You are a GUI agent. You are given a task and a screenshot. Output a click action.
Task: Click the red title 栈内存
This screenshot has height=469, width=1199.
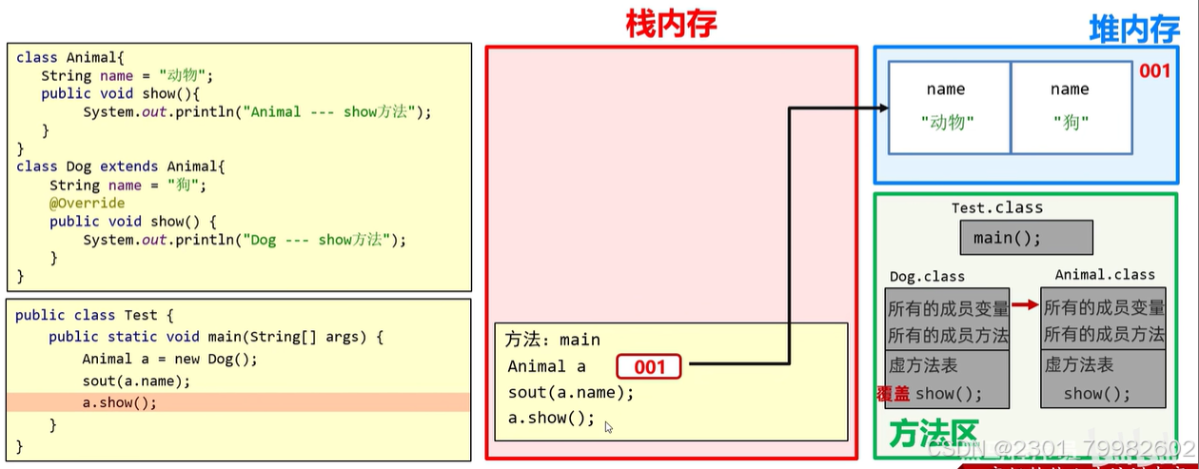(x=671, y=23)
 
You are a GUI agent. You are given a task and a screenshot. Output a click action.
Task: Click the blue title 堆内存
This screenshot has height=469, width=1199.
(x=1133, y=29)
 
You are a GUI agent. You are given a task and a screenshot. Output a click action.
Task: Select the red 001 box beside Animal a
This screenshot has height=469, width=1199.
(x=649, y=366)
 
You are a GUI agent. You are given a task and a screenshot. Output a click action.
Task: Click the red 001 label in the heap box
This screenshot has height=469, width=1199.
(x=1154, y=71)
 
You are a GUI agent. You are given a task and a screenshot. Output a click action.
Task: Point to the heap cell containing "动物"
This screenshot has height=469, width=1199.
(x=948, y=107)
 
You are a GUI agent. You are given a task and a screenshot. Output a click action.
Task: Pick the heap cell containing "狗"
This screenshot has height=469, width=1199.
(x=1071, y=107)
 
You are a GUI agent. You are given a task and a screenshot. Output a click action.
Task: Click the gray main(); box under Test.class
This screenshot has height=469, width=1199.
(x=1026, y=238)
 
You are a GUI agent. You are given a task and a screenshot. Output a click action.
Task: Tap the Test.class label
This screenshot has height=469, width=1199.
(x=996, y=207)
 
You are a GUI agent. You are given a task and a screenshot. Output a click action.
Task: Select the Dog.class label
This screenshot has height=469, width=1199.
(x=927, y=277)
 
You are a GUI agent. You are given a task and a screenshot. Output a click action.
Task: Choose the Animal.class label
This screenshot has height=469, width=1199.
(x=1104, y=275)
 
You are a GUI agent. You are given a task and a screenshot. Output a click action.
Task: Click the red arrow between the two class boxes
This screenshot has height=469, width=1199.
(x=1025, y=305)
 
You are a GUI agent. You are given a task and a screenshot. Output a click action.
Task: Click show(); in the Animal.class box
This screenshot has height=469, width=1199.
(x=1097, y=394)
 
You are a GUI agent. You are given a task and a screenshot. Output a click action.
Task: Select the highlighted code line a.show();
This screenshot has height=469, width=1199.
(x=120, y=402)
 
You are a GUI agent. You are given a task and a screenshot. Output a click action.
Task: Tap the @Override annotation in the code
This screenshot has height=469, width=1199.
(x=87, y=203)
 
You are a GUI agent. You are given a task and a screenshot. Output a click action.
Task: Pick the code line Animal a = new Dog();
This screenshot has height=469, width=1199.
(x=169, y=359)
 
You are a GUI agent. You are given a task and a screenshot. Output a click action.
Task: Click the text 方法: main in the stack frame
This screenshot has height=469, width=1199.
(x=552, y=340)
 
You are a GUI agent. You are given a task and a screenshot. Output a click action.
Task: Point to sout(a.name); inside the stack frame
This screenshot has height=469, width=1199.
(x=570, y=393)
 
